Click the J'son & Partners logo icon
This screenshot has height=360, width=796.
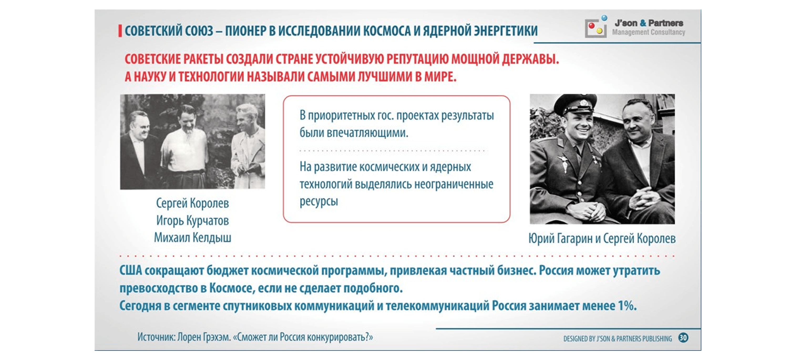(x=596, y=27)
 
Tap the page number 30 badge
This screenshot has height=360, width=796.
(x=683, y=338)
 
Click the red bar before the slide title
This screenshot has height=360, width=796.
(x=120, y=31)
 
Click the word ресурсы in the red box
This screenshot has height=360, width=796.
(x=319, y=202)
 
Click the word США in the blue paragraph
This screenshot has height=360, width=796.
(x=130, y=271)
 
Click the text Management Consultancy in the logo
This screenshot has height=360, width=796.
(x=648, y=32)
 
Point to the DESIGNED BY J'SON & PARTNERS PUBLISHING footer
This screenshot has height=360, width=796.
(x=617, y=339)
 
